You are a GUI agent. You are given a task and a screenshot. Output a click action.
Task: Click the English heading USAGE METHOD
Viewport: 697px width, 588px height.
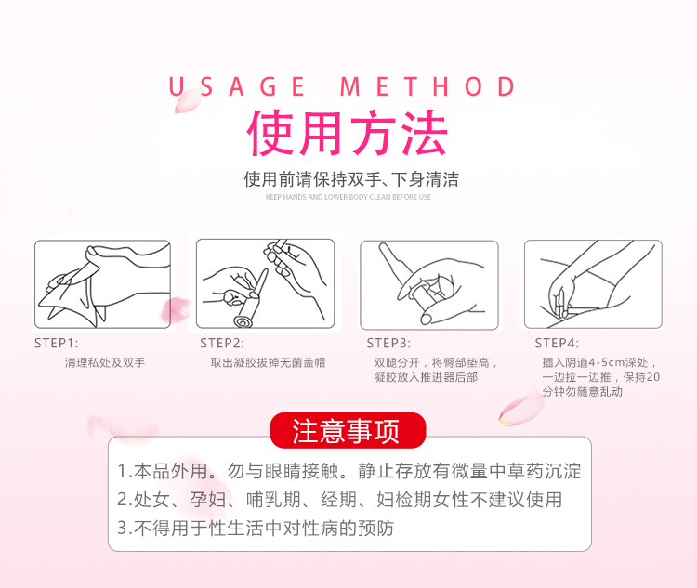coord(342,86)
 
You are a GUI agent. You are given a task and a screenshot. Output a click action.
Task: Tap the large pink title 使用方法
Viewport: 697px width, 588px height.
coord(348,133)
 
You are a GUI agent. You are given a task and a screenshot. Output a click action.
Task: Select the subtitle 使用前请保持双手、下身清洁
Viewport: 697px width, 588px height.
coord(350,179)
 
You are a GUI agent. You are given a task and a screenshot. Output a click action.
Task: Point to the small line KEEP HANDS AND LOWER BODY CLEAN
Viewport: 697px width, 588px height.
coord(348,197)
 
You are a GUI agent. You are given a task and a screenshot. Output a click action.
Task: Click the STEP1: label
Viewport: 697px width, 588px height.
coord(56,343)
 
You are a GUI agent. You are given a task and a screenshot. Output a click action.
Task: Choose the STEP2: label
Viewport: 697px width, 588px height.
coord(222,343)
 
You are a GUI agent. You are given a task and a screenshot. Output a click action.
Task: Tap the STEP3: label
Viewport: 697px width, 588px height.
coord(388,343)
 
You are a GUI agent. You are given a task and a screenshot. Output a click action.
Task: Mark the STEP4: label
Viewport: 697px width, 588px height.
coord(557,343)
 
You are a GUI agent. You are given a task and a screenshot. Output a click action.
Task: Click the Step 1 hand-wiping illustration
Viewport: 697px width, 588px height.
coord(102,284)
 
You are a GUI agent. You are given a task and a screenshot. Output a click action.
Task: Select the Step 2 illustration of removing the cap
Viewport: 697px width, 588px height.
coord(266,283)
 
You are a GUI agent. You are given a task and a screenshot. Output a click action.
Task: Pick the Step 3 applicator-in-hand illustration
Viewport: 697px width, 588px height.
coord(429,285)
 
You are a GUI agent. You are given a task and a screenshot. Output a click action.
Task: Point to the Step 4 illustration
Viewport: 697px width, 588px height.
coord(594,284)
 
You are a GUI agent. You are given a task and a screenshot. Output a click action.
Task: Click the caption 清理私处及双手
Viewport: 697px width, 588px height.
coord(105,362)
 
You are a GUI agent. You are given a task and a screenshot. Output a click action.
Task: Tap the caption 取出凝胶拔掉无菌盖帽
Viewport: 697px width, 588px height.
coord(268,362)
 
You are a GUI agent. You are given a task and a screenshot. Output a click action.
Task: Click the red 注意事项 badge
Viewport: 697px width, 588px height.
coord(348,430)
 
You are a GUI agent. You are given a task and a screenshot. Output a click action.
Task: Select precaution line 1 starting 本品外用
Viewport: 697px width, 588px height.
coord(349,471)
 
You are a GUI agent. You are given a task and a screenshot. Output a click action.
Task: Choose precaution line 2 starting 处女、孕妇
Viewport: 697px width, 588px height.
coord(340,500)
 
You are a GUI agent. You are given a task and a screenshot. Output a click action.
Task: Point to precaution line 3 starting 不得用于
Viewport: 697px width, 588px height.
coord(256,528)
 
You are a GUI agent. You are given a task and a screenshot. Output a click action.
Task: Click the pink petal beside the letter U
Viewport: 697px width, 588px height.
coord(187,100)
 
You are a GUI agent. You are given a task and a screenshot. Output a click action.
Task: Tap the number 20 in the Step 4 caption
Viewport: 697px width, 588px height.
coord(653,377)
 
